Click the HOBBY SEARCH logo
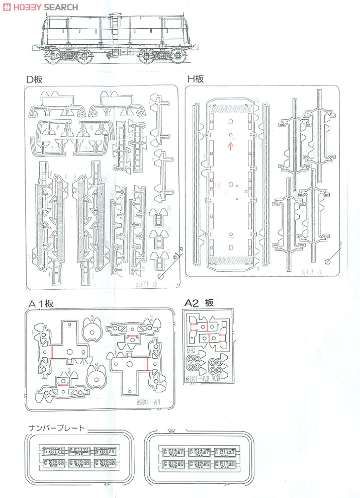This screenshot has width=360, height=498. point(40,7)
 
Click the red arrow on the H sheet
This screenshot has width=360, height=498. point(231,146)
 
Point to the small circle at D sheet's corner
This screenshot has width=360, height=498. point(161,276)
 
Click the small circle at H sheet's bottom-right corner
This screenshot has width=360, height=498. point(328,262)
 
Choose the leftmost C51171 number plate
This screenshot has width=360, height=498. point(53,451)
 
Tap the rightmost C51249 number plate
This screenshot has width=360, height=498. point(225,463)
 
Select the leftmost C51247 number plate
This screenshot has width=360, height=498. point(172,452)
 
